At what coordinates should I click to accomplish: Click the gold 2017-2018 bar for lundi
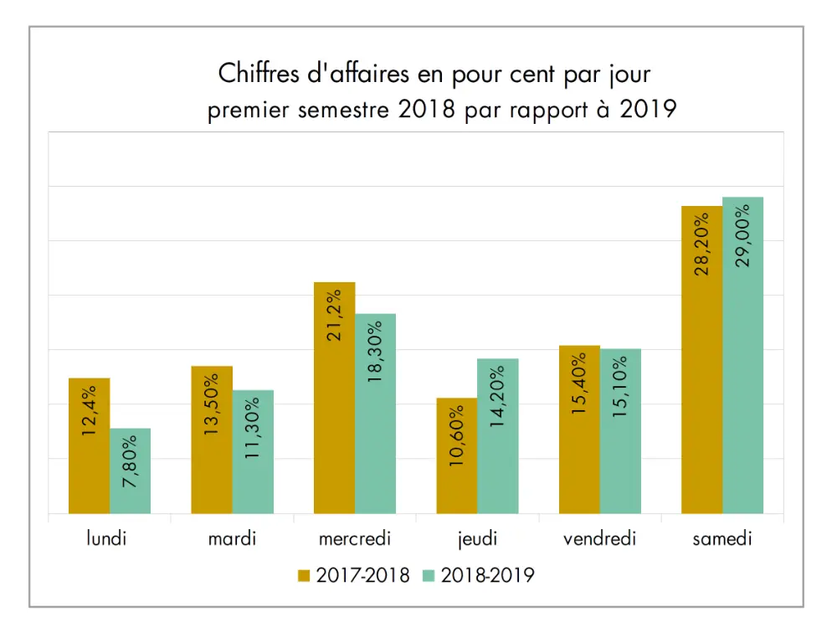click(89, 469)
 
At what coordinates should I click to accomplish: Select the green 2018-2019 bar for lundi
click(130, 486)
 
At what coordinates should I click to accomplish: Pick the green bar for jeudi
click(498, 469)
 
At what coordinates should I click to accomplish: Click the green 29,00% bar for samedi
click(743, 377)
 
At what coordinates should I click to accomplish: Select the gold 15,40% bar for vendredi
click(579, 452)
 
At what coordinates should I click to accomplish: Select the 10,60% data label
click(457, 435)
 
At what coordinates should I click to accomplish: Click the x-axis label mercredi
click(355, 538)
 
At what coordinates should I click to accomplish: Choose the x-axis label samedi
click(722, 538)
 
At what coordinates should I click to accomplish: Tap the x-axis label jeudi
click(477, 538)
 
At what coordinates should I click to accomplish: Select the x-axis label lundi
click(107, 538)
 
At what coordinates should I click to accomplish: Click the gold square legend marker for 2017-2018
click(304, 576)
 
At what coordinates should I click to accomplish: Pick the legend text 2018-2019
click(487, 576)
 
